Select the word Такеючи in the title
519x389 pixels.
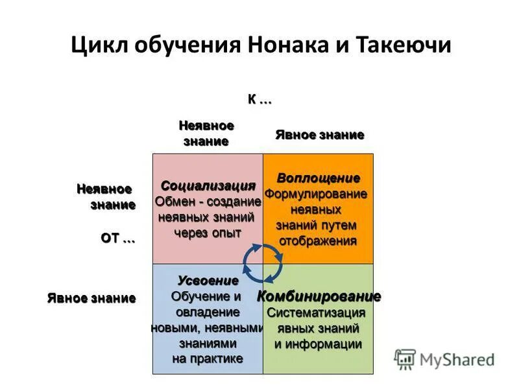pyautogui.click(x=407, y=48)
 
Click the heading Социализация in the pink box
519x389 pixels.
pyautogui.click(x=208, y=186)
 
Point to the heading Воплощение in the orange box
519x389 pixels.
pyautogui.click(x=318, y=178)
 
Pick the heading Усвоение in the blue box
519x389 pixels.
pyautogui.click(x=208, y=281)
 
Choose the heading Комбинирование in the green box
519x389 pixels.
pyautogui.click(x=319, y=297)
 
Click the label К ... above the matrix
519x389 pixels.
pyautogui.click(x=259, y=100)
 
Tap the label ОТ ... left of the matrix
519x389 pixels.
pyautogui.click(x=117, y=238)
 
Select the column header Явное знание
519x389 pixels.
pyautogui.click(x=319, y=135)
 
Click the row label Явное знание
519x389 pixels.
pyautogui.click(x=91, y=298)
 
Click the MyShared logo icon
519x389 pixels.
pyautogui.click(x=405, y=359)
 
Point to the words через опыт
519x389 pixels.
pyautogui.click(x=208, y=233)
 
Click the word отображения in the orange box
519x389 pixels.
pyautogui.click(x=318, y=241)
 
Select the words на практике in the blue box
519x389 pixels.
pyautogui.click(x=208, y=359)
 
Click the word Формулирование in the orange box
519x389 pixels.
pyautogui.click(x=316, y=194)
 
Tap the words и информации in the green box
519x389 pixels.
pyautogui.click(x=318, y=344)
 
